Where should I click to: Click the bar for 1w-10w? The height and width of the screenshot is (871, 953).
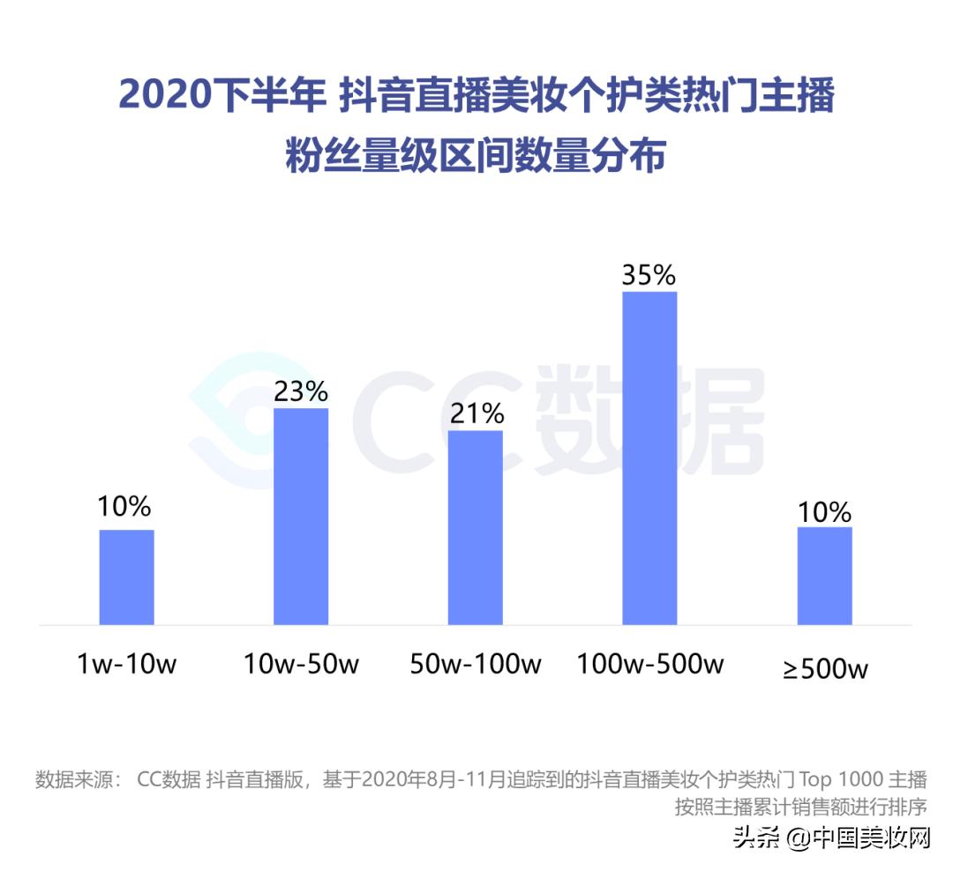point(126,577)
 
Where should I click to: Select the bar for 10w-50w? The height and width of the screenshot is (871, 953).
point(301,517)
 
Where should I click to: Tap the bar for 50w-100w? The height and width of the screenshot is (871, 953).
point(476,527)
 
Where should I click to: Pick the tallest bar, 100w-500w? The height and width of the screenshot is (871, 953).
point(649,458)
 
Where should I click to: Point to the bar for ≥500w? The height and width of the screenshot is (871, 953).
point(824,576)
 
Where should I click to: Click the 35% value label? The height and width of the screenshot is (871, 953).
point(649,275)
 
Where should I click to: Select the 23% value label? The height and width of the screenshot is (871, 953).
point(301,391)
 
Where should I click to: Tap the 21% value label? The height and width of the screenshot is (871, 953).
point(476,413)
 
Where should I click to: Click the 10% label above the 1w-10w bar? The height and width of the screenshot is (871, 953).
point(125,507)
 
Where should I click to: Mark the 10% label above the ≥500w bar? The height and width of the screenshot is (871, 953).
point(824,511)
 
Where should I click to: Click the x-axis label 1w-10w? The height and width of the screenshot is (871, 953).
point(126,664)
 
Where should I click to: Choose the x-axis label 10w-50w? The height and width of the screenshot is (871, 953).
point(301,664)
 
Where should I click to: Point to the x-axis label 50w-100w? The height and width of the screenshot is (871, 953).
point(476,664)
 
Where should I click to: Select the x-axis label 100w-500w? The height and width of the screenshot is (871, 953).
point(650,664)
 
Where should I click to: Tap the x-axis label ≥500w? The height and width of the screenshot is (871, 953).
point(825,668)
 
